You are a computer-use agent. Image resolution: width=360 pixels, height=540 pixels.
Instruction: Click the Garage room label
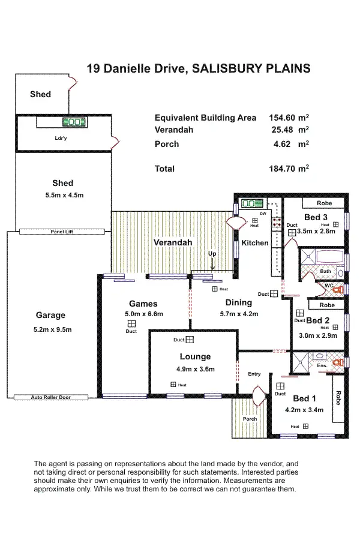click(x=50, y=316)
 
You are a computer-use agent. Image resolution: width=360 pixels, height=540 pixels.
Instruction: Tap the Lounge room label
click(x=195, y=356)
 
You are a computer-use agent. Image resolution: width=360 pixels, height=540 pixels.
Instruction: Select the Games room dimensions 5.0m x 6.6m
click(x=143, y=314)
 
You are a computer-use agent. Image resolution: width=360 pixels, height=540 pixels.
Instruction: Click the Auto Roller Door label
click(x=51, y=397)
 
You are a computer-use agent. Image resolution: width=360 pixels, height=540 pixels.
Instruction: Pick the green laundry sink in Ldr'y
click(x=73, y=122)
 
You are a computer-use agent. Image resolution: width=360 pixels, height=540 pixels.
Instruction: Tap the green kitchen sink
click(x=248, y=203)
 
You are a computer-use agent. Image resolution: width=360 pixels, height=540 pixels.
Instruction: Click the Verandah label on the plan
click(x=173, y=242)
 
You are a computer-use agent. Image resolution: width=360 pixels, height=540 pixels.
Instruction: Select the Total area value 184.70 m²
click(x=289, y=169)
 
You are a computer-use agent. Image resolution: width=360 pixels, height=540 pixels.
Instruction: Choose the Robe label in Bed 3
click(x=324, y=203)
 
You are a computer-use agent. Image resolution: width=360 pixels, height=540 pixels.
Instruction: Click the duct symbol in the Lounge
click(x=190, y=340)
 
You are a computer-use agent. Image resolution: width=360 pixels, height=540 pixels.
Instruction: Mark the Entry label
click(x=254, y=374)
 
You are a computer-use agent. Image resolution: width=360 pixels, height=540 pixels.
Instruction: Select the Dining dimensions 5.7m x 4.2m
click(x=238, y=314)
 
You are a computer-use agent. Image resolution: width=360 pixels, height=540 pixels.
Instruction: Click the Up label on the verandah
click(x=212, y=254)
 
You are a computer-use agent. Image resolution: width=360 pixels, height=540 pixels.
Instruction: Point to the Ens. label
click(x=322, y=365)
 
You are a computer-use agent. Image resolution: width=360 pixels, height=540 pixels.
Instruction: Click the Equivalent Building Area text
click(x=205, y=118)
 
